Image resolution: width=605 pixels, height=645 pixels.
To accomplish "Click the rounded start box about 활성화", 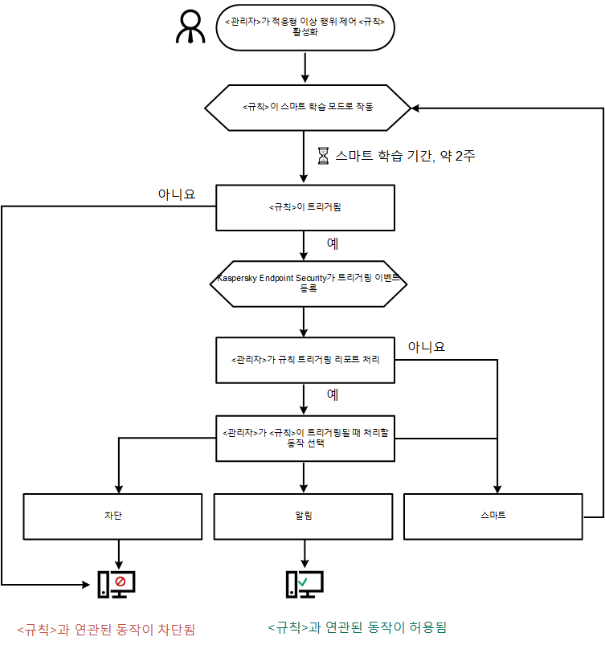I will [305, 27].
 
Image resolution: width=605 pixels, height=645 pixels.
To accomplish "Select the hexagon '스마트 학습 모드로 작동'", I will [308, 107].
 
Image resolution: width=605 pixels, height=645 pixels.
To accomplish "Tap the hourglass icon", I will [323, 157].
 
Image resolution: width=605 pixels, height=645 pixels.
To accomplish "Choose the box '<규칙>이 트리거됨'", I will [305, 207].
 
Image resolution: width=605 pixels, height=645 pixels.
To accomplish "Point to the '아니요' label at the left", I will [177, 194].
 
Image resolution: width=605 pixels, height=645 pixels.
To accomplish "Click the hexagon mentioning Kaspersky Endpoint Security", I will [308, 282].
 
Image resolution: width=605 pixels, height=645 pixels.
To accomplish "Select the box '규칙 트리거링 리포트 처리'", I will [305, 359].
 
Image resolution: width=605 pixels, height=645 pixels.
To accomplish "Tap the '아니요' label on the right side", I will [426, 347].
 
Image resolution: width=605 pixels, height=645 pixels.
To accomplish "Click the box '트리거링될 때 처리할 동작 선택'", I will [305, 438].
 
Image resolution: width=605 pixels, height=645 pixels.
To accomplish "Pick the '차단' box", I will [112, 516].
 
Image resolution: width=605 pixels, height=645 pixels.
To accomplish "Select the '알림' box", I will [304, 516].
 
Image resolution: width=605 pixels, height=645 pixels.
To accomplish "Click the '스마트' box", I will [492, 516].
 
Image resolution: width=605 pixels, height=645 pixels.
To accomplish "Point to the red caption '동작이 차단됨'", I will [107, 628].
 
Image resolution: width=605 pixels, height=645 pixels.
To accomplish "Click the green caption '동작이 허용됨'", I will [357, 627].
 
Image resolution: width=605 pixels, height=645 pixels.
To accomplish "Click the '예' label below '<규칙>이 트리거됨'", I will [332, 243].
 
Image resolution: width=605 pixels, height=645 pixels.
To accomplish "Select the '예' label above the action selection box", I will [332, 395].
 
